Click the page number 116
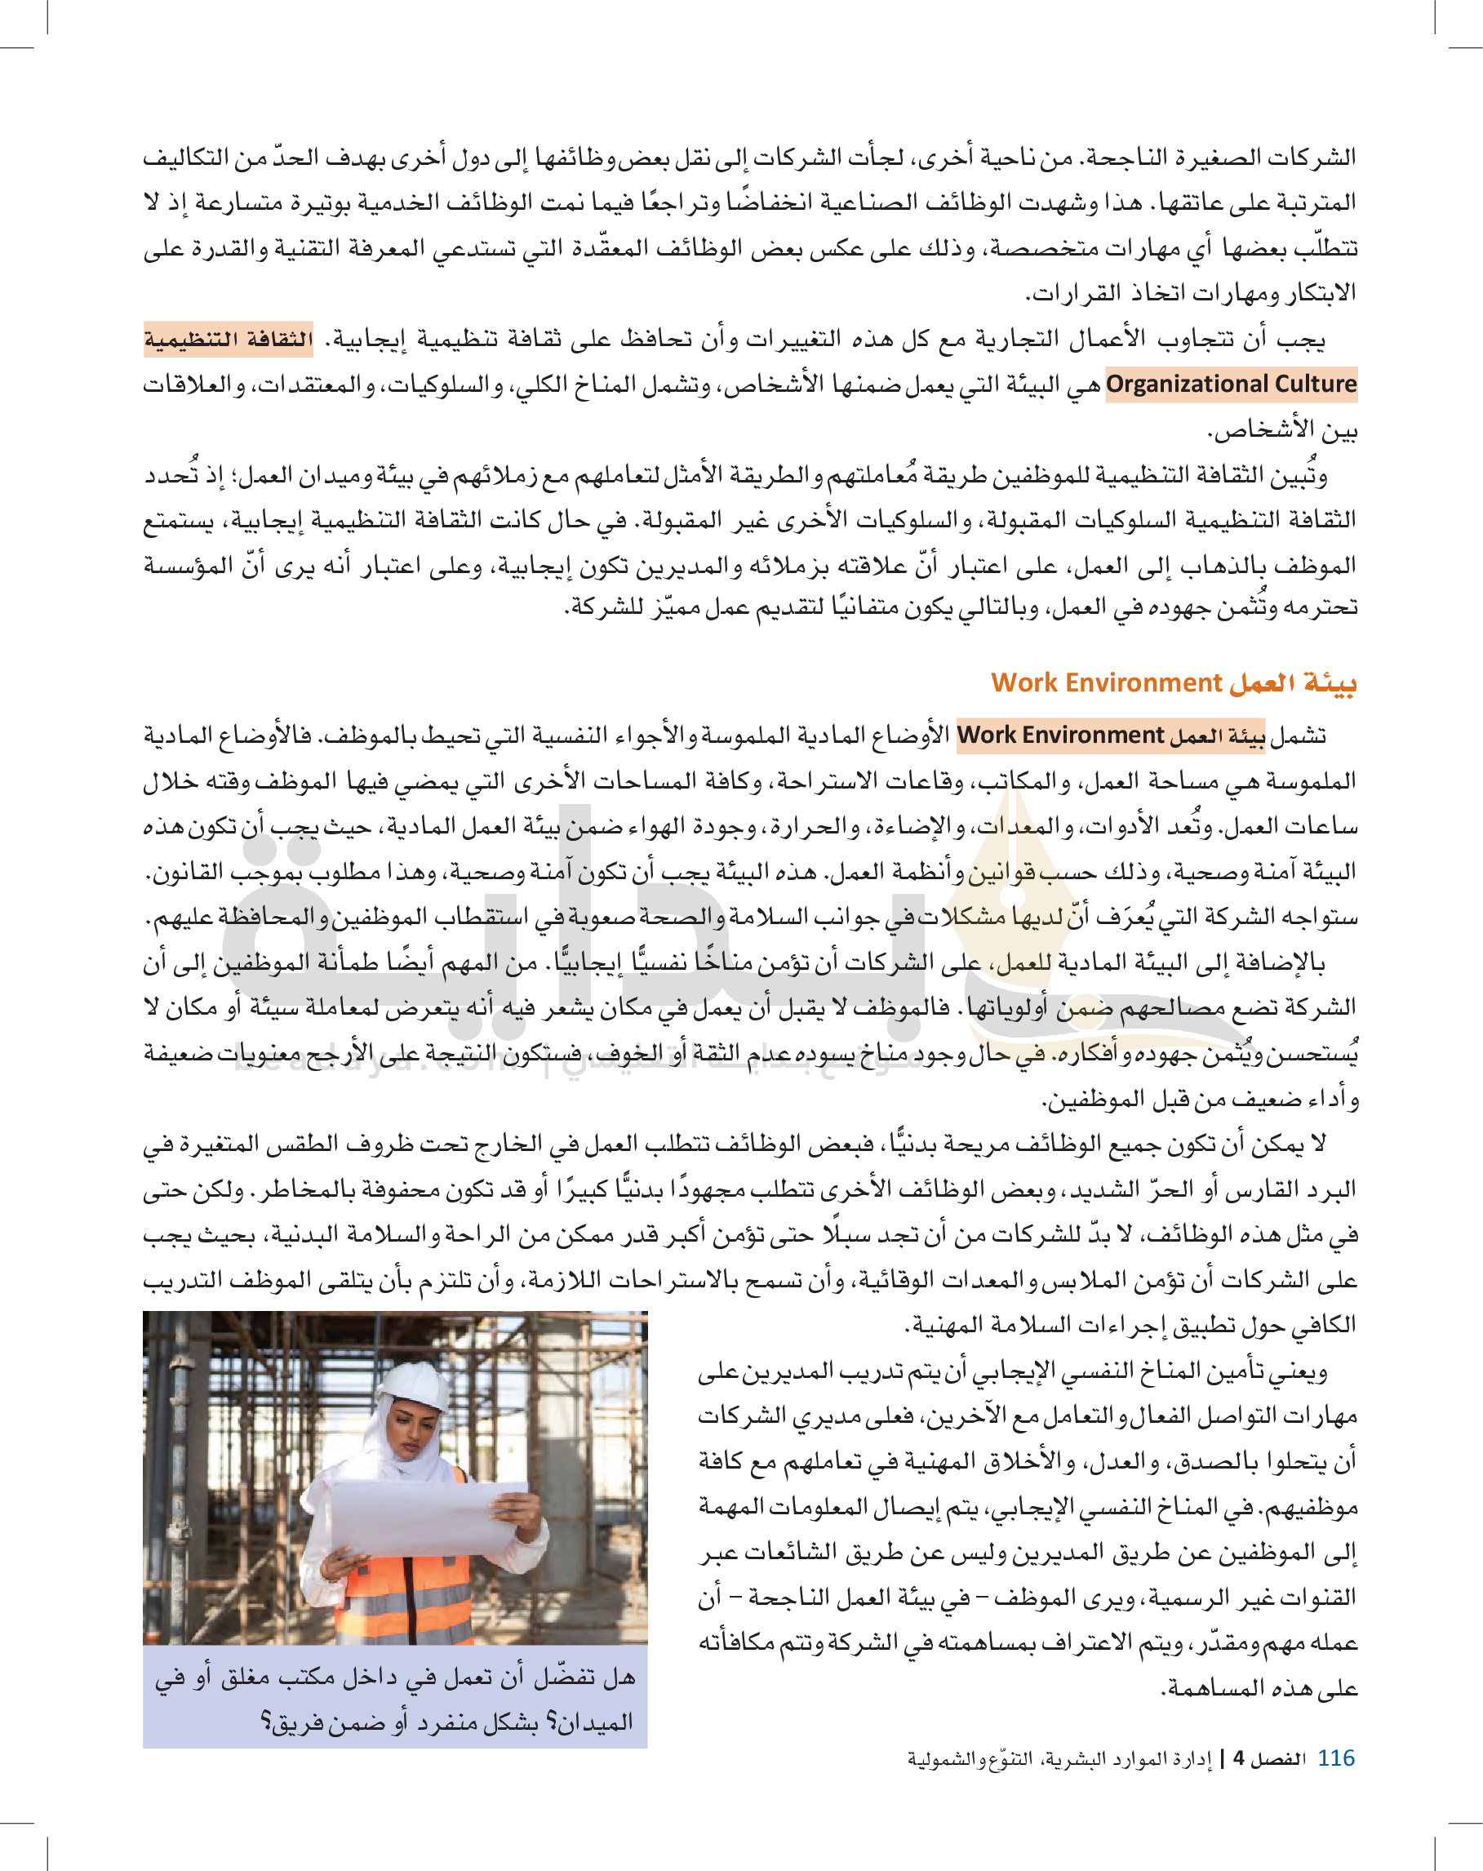(x=1335, y=1758)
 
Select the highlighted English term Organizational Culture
(x=1232, y=384)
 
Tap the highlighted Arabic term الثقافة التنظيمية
(x=229, y=339)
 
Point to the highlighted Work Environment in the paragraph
(x=1059, y=735)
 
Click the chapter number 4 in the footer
(x=1238, y=1759)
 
